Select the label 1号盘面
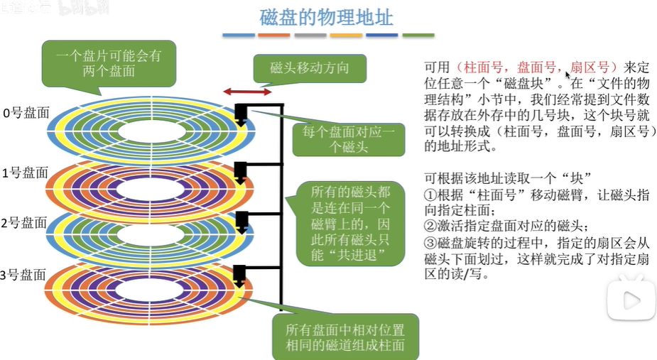[x=24, y=173]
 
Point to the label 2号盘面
[x=24, y=222]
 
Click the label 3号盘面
[x=24, y=274]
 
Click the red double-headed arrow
[x=247, y=92]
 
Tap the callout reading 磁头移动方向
[x=309, y=69]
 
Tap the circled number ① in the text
[x=430, y=194]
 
